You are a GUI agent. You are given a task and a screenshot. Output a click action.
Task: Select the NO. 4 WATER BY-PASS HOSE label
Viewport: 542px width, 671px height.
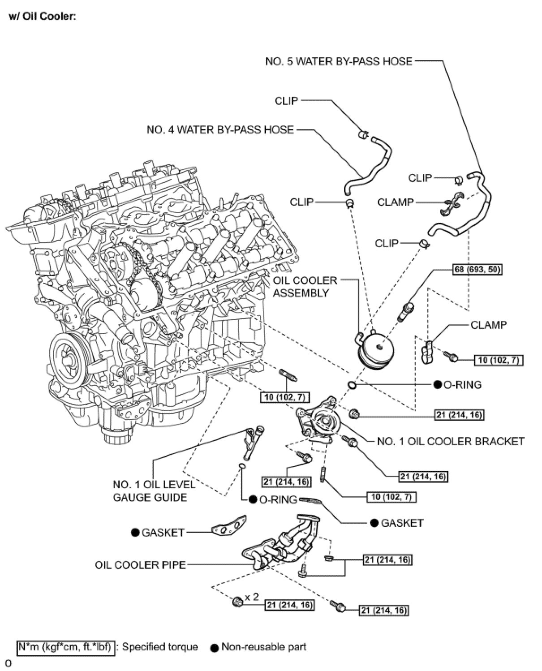[x=220, y=130]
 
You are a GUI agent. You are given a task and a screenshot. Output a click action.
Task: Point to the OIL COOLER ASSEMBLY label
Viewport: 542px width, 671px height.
[x=305, y=287]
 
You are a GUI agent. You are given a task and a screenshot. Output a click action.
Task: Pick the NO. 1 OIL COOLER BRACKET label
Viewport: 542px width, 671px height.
[x=451, y=442]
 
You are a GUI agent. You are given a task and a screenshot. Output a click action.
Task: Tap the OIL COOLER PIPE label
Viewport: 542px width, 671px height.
[x=140, y=565]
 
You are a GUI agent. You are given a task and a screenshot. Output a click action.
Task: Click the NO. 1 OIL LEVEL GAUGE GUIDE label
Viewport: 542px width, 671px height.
[x=154, y=491]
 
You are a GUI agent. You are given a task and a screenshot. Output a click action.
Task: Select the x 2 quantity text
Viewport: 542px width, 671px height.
[x=252, y=597]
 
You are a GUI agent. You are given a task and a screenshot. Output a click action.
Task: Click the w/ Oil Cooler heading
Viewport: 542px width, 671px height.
[x=43, y=17]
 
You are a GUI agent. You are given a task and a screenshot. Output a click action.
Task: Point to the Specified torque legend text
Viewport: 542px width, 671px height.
[x=160, y=647]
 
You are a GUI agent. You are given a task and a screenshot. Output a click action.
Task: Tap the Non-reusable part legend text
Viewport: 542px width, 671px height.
[x=264, y=647]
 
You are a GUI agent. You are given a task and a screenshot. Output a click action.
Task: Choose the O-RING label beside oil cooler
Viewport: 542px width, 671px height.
[x=462, y=385]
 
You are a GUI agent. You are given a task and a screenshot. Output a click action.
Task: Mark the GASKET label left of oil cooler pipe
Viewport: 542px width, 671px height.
[x=163, y=533]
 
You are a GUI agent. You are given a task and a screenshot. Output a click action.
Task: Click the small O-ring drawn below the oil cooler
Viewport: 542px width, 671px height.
[x=352, y=385]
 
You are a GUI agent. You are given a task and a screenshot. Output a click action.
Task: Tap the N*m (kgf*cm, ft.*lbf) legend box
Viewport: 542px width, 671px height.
[x=66, y=647]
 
